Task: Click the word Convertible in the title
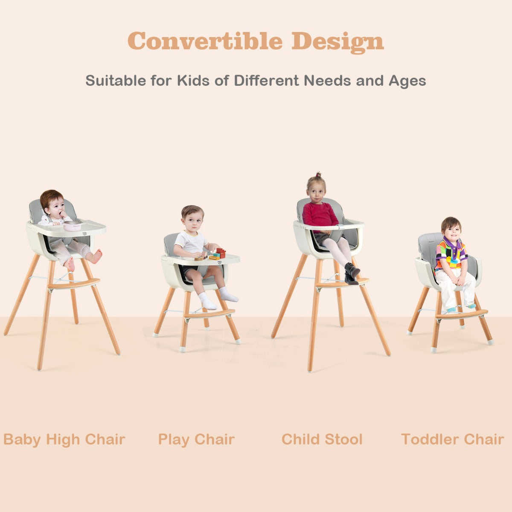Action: pos(205,41)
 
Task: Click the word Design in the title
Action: pos(337,41)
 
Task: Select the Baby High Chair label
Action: pos(64,439)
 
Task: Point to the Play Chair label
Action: pos(196,439)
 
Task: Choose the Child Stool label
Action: pos(322,439)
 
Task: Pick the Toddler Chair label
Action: pos(452,439)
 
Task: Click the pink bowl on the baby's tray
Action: pos(72,226)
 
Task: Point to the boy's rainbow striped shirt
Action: pos(451,253)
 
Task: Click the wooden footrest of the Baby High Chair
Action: pos(73,283)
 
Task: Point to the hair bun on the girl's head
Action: pos(318,175)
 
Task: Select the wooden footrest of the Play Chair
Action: pos(209,314)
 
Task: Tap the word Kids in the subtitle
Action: pos(193,80)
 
